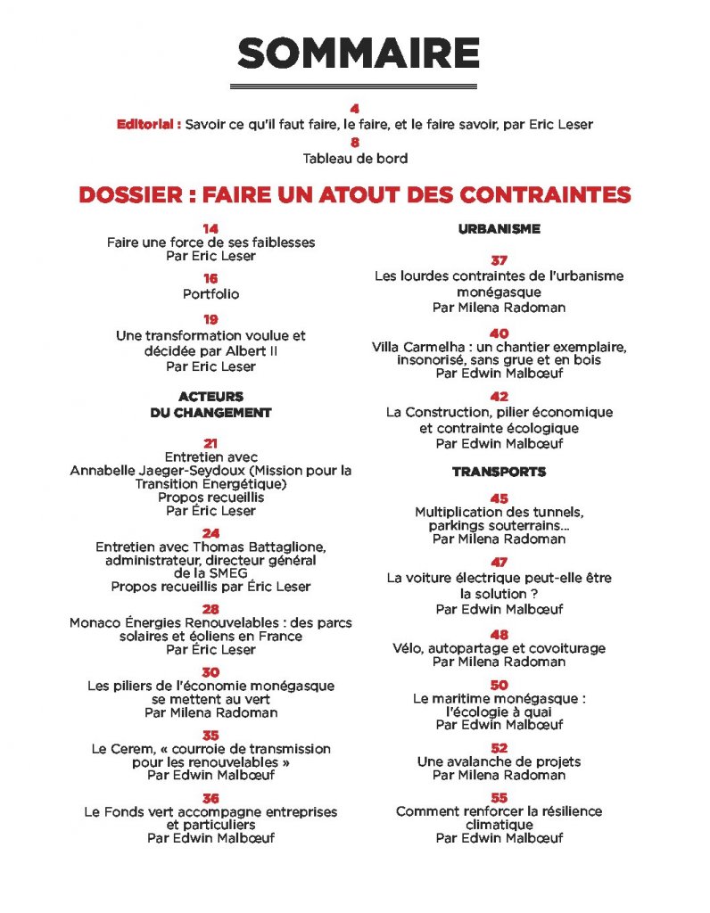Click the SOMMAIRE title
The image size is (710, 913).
[x=359, y=55]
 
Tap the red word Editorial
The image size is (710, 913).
[x=148, y=125]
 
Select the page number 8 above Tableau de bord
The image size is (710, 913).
[x=355, y=142]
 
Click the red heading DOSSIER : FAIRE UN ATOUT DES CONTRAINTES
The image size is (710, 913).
[x=355, y=193]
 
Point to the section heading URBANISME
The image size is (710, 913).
[x=499, y=229]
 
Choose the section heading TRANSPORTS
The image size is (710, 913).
[x=499, y=471]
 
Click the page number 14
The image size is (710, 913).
[x=211, y=229]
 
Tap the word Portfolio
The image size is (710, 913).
[x=211, y=293]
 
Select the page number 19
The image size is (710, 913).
[x=211, y=319]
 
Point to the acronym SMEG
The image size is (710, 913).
[x=211, y=572]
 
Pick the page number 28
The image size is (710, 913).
[x=211, y=610]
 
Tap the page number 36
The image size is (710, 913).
[x=211, y=798]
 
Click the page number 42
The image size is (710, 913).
[x=499, y=397]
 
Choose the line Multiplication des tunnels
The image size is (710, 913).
[x=499, y=512]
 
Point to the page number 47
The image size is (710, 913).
[x=499, y=563]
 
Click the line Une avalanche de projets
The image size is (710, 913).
[x=499, y=761]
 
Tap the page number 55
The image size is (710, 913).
[x=499, y=797]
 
